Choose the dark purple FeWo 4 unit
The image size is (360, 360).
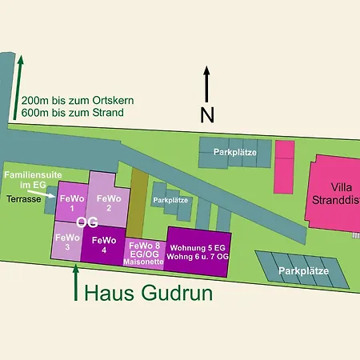[x=105, y=244]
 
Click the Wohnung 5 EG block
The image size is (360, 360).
[x=198, y=247]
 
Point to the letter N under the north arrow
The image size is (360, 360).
[x=207, y=115]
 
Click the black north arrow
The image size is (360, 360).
[x=207, y=85]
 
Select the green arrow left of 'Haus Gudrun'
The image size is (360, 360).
[x=76, y=284]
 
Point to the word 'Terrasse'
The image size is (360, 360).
[x=25, y=198]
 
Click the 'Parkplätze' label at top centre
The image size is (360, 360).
[x=233, y=151]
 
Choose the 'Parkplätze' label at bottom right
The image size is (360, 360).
[x=304, y=271]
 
